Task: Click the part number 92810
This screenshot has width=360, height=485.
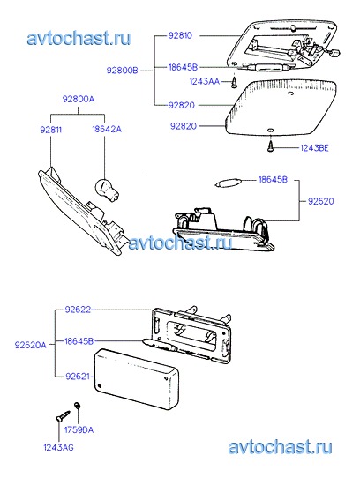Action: (x=180, y=35)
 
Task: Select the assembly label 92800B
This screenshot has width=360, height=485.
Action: (x=123, y=71)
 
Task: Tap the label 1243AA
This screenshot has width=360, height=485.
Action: (x=205, y=81)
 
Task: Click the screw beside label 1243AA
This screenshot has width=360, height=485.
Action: (x=235, y=82)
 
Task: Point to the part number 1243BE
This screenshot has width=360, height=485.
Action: (x=314, y=148)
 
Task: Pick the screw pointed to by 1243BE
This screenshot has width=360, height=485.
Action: (x=271, y=145)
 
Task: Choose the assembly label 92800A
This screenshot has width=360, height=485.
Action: (x=79, y=99)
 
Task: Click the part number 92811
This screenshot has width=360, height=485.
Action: (x=51, y=130)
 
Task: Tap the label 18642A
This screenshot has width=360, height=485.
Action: (x=107, y=129)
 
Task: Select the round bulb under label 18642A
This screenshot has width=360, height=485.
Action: (x=107, y=189)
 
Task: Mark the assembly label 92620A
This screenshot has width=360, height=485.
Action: (x=30, y=345)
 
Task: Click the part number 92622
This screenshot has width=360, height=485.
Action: (x=78, y=310)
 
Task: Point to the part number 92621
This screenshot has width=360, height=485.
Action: (x=78, y=377)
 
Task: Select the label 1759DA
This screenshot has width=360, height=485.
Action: (x=79, y=429)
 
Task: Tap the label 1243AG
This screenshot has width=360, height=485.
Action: (x=58, y=447)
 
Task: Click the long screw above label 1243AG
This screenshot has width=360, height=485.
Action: (x=64, y=416)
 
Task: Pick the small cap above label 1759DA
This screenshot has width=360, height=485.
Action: (x=77, y=405)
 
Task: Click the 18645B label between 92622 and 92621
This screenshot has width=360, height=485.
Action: (x=79, y=341)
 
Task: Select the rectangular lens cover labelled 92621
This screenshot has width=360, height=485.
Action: (x=136, y=379)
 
